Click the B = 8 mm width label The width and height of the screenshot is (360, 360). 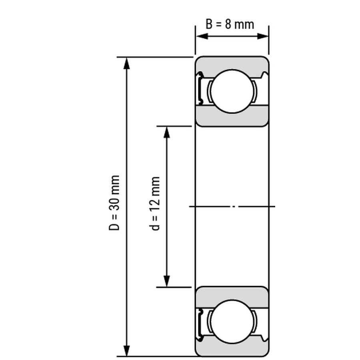click(230, 24)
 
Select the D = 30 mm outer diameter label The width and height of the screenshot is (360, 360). click(114, 203)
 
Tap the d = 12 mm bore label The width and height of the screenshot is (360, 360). click(154, 204)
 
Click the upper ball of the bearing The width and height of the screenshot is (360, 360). click(232, 91)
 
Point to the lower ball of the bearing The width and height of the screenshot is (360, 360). click(232, 322)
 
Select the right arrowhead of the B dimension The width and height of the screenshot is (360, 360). click(262, 36)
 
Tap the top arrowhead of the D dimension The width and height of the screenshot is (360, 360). click(126, 64)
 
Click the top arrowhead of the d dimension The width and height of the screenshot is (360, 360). click(167, 132)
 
